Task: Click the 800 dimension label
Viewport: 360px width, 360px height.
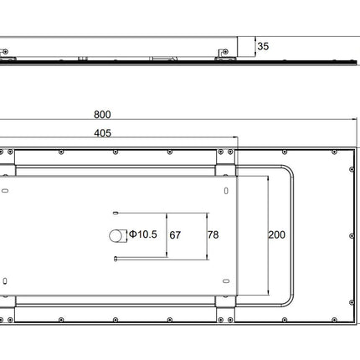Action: click(x=102, y=115)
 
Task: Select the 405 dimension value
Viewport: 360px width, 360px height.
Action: click(x=102, y=133)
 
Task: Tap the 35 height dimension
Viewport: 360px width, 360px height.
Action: click(x=263, y=46)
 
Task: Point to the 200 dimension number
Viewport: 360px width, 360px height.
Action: click(x=276, y=234)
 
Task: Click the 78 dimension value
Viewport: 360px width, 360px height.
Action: click(x=213, y=234)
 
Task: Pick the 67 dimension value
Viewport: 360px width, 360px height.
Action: click(x=175, y=235)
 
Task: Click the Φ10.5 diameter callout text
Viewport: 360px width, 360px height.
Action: click(x=143, y=234)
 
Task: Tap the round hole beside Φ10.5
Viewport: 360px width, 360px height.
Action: click(x=116, y=236)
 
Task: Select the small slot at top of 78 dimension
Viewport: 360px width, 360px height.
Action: click(x=116, y=213)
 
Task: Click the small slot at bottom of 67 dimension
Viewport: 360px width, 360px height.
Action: click(x=116, y=259)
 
